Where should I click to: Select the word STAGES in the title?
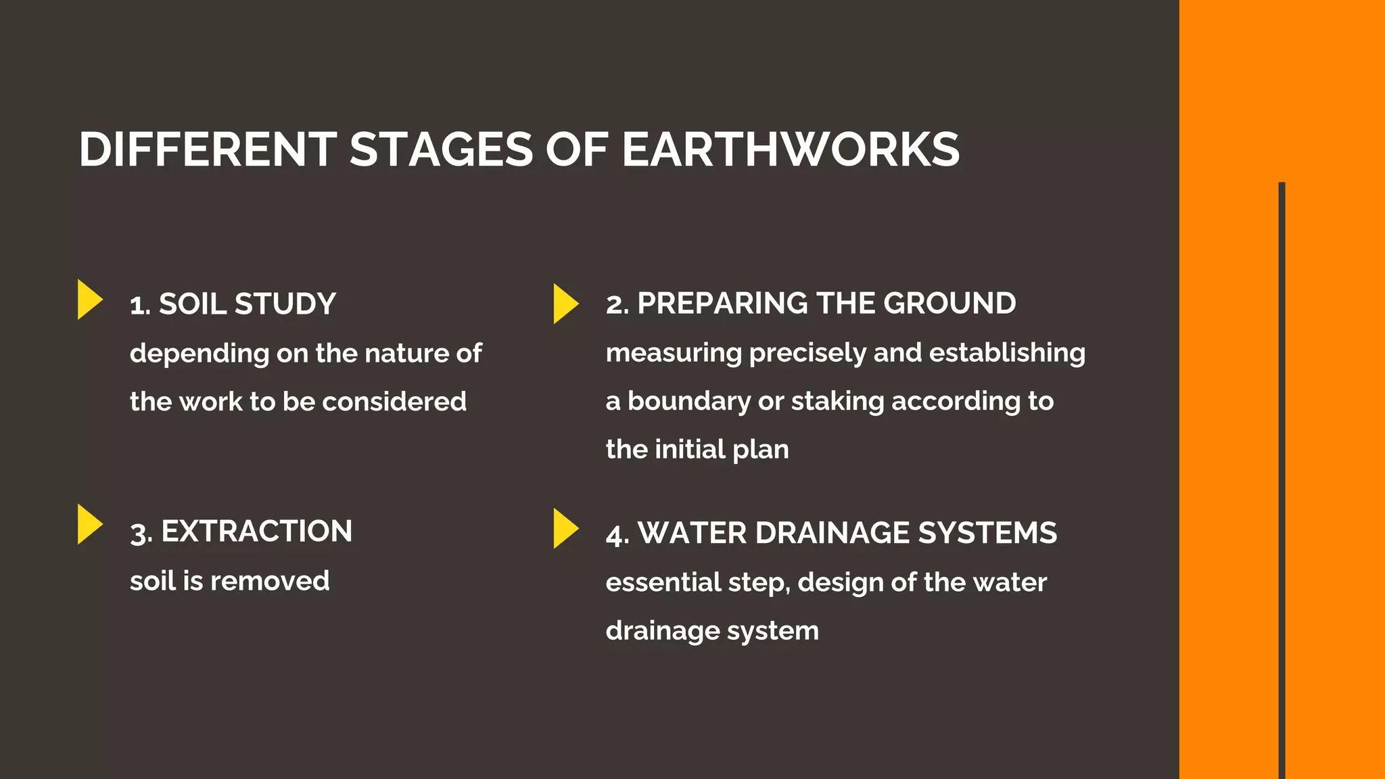[x=441, y=149]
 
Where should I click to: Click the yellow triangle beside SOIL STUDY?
[x=89, y=300]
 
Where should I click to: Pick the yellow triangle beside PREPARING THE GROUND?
[x=565, y=304]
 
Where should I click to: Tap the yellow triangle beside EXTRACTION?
[x=89, y=524]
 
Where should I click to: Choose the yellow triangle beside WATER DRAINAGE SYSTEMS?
[x=565, y=528]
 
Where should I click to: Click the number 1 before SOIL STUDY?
[x=139, y=305]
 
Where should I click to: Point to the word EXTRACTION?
[x=257, y=532]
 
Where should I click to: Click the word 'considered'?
[x=394, y=402]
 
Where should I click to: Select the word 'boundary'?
[x=689, y=402]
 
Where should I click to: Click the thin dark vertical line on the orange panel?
[x=1282, y=473]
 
